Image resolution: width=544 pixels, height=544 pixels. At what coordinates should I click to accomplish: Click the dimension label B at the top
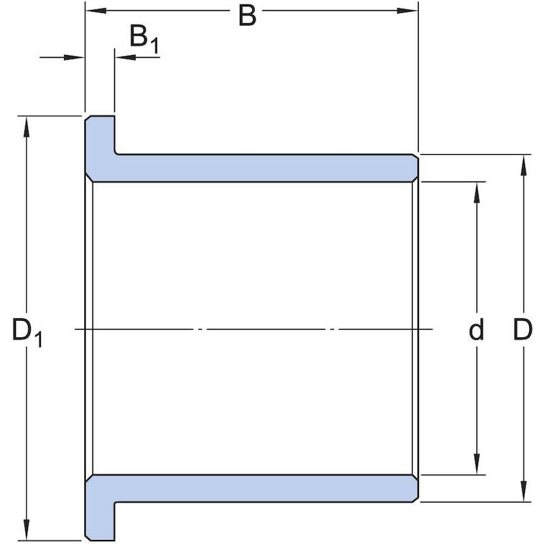click(x=248, y=16)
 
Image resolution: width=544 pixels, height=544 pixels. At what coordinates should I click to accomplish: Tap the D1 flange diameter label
click(x=27, y=332)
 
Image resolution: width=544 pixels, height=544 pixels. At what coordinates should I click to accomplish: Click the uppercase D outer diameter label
click(x=522, y=330)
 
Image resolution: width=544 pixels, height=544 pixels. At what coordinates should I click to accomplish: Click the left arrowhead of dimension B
click(x=96, y=10)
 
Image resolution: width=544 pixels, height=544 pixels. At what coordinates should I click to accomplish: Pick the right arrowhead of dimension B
click(x=407, y=10)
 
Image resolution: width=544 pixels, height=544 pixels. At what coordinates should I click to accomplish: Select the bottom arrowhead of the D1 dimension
click(x=27, y=529)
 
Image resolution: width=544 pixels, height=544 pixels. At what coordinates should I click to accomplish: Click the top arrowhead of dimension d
click(x=477, y=192)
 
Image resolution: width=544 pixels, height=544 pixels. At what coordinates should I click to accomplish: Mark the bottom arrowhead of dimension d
click(x=477, y=464)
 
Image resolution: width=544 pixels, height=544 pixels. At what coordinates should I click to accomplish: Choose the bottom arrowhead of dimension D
click(x=524, y=490)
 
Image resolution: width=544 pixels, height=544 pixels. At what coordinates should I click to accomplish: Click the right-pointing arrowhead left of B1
click(x=75, y=57)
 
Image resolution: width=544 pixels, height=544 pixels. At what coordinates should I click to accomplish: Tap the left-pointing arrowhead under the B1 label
click(x=125, y=57)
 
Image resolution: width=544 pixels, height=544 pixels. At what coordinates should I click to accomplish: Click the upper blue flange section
click(x=100, y=146)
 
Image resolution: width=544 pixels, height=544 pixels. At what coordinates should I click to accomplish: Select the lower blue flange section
click(x=100, y=508)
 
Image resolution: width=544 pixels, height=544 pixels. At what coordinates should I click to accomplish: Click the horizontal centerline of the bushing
click(x=254, y=329)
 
